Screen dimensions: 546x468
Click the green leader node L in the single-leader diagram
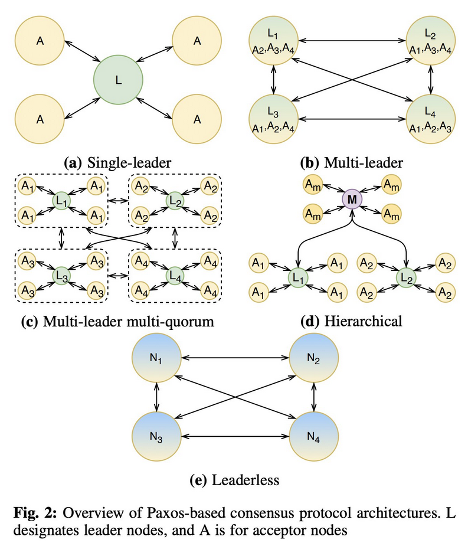tap(119, 80)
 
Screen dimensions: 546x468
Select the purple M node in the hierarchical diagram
tap(352, 200)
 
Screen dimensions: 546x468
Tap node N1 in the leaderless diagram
tap(156, 358)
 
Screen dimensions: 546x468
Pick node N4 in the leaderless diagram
tap(314, 437)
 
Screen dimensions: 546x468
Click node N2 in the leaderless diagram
tap(314, 358)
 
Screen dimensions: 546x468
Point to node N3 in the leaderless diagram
tap(156, 437)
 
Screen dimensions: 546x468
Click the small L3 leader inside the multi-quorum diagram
tap(61, 276)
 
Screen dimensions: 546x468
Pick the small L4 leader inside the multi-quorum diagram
tap(174, 276)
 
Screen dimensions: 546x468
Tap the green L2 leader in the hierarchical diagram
tap(405, 276)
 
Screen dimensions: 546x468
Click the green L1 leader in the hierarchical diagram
tap(297, 276)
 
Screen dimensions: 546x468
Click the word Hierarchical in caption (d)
tap(366, 322)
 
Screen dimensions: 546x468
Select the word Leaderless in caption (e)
tap(247, 479)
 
